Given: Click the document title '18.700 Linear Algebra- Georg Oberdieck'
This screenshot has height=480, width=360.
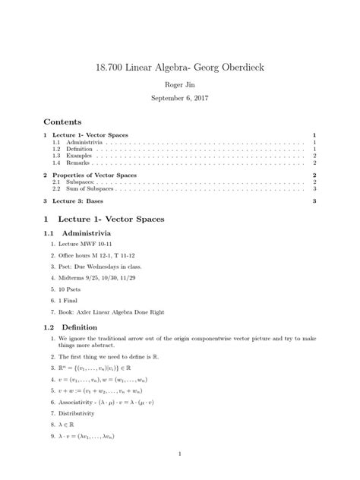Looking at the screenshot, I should click(179, 69).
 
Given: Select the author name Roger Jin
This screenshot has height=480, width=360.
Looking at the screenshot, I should click(179, 86).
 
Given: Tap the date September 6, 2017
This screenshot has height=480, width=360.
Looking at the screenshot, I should click(179, 99).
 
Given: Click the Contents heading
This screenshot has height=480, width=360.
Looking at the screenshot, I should click(63, 122).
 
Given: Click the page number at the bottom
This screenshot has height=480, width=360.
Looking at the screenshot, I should click(179, 454).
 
